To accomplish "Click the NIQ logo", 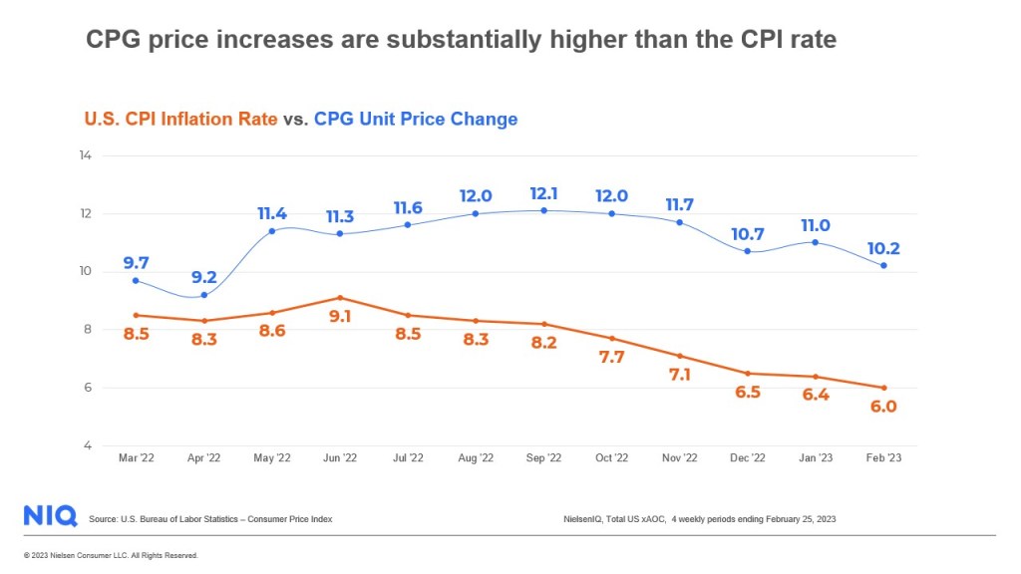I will click(x=50, y=515).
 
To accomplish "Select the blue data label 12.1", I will click(x=544, y=191).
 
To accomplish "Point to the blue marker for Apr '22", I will click(x=204, y=295).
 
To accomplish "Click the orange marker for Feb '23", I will click(x=883, y=388).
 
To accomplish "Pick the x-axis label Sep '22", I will click(x=544, y=457).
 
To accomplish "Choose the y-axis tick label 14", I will click(x=86, y=155).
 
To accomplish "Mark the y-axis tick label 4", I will click(x=89, y=445).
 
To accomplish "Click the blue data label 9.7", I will click(x=137, y=263).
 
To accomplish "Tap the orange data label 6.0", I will click(x=883, y=406).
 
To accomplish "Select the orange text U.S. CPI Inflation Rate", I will click(x=179, y=119).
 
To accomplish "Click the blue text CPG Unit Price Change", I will click(x=416, y=119).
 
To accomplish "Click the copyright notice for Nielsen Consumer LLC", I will click(x=111, y=555).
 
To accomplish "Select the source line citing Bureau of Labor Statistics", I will click(x=210, y=519).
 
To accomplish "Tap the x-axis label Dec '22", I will click(x=748, y=457).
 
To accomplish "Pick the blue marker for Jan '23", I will click(x=816, y=242).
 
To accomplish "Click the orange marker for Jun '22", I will click(x=341, y=298).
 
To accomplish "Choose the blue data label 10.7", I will click(x=748, y=234).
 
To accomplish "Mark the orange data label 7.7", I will click(x=611, y=357).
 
